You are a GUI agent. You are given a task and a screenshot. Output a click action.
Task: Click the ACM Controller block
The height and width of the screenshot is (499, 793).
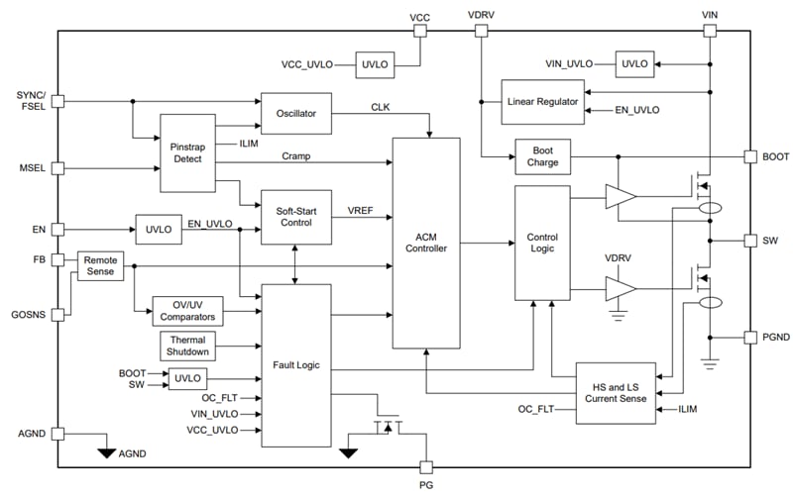[426, 243]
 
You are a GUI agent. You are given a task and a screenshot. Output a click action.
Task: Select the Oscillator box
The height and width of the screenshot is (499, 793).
[294, 113]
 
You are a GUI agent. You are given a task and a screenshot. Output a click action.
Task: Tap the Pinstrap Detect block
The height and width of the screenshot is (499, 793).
[186, 152]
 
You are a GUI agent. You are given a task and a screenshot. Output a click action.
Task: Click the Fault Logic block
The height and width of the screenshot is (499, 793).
[294, 364]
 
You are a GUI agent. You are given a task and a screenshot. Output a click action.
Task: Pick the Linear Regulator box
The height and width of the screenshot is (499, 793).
[542, 102]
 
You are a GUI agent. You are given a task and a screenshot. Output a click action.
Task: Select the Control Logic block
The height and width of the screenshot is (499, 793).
[541, 243]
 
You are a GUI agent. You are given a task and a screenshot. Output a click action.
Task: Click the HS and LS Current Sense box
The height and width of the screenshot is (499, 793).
[615, 392]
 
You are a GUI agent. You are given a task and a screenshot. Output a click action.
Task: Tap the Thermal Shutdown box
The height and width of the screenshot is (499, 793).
[188, 346]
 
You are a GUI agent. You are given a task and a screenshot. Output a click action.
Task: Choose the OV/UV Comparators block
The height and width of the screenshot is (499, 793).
[187, 310]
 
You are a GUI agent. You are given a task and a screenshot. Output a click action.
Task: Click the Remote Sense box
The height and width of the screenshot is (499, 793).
[100, 265]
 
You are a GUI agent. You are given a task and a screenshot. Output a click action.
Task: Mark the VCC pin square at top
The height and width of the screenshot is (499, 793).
[419, 31]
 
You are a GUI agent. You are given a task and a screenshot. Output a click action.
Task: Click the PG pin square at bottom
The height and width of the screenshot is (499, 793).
[427, 467]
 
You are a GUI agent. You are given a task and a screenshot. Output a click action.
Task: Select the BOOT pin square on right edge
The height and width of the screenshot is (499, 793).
[750, 156]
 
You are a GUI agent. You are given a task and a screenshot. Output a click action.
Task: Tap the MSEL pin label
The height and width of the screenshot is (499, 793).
[31, 168]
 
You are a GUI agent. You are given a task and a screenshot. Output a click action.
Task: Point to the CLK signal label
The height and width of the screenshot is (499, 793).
[381, 106]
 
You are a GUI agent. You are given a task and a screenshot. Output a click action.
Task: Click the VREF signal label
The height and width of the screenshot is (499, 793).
[361, 210]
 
